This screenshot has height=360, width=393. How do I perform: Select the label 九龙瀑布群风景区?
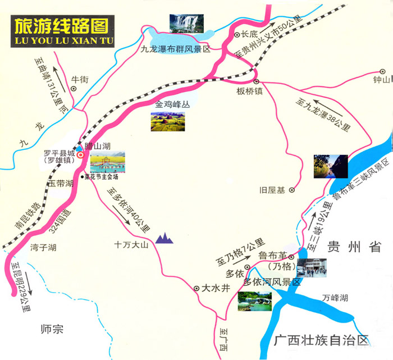pos(175,49)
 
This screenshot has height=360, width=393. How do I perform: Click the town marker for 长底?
pos(237,34)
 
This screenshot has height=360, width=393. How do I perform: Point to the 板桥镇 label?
pos(249,92)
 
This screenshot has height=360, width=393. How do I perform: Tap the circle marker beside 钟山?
pos(382,71)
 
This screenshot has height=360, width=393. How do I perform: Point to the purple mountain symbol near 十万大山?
pos(164,238)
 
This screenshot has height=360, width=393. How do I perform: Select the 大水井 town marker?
pos(196,288)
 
